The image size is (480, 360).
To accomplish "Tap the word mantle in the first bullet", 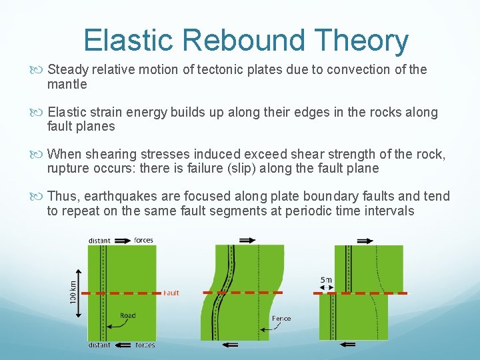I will (67, 84).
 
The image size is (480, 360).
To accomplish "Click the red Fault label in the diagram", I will (171, 293).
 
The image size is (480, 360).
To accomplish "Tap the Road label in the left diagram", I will (128, 316).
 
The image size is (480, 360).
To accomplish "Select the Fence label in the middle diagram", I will (281, 319).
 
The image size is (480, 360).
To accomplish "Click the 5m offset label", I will (326, 279).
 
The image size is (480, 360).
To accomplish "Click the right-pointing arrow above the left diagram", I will (122, 240).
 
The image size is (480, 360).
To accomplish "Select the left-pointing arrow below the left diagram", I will (123, 345).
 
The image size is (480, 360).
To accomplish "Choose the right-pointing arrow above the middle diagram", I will (245, 239).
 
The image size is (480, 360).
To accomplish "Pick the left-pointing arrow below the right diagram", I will (348, 345).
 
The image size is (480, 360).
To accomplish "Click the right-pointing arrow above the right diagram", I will (365, 240).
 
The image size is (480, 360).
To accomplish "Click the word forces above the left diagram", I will (144, 240).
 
